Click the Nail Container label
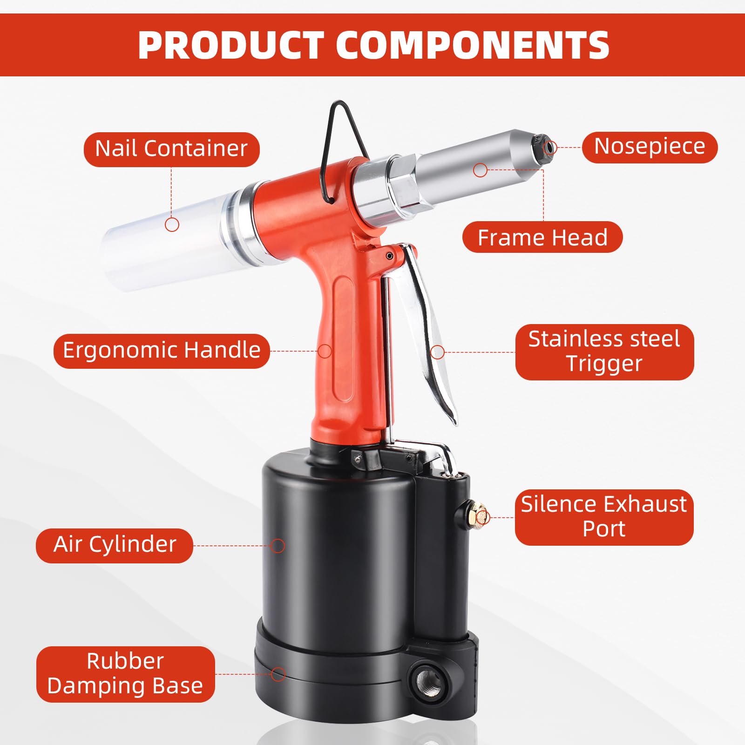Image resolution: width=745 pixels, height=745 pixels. tap(171, 149)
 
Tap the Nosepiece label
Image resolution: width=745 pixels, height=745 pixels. tap(650, 147)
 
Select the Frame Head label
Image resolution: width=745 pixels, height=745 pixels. tap(542, 237)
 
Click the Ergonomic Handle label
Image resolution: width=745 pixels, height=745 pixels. tap(162, 351)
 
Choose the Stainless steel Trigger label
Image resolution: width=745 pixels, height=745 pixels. tap(604, 352)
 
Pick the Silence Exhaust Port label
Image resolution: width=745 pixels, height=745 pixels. tap(604, 517)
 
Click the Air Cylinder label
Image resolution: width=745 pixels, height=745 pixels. tap(115, 545)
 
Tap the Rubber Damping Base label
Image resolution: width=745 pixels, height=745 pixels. tap(125, 674)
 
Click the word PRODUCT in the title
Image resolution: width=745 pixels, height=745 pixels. tap(231, 45)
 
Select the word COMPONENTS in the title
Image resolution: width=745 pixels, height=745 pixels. tap(472, 45)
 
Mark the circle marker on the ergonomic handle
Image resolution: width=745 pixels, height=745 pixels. tap(325, 351)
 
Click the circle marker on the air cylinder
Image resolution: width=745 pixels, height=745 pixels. tap(278, 546)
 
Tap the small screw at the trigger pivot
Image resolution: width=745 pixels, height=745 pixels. tap(389, 256)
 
